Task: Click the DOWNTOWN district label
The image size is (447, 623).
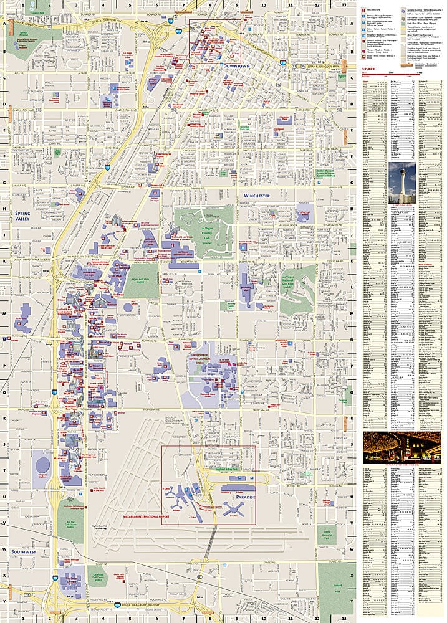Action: pos(234,65)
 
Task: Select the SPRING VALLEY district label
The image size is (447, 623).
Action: pos(23,216)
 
